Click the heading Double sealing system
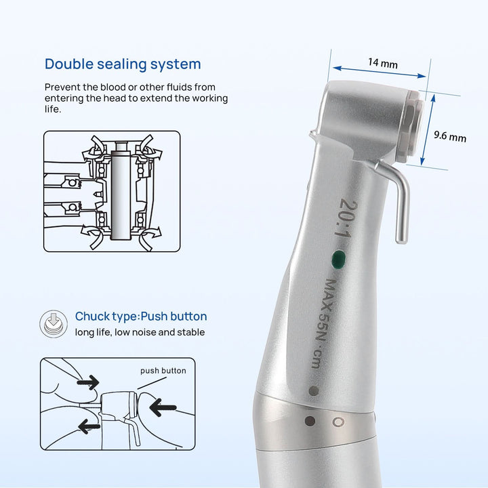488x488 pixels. [123, 64]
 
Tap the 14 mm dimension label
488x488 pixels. [383, 63]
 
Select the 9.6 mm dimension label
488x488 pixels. [450, 136]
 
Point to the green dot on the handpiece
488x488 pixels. [338, 260]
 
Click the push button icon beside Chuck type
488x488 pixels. [54, 324]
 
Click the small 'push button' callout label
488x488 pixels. [163, 371]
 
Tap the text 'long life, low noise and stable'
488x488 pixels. [140, 332]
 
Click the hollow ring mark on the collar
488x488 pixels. [338, 422]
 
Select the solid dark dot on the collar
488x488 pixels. [310, 421]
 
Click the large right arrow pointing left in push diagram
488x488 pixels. [163, 407]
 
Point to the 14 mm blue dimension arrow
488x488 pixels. [380, 72]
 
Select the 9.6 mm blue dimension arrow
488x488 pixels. [428, 129]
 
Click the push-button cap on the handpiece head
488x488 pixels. [412, 126]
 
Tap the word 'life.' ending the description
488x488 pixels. [53, 109]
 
